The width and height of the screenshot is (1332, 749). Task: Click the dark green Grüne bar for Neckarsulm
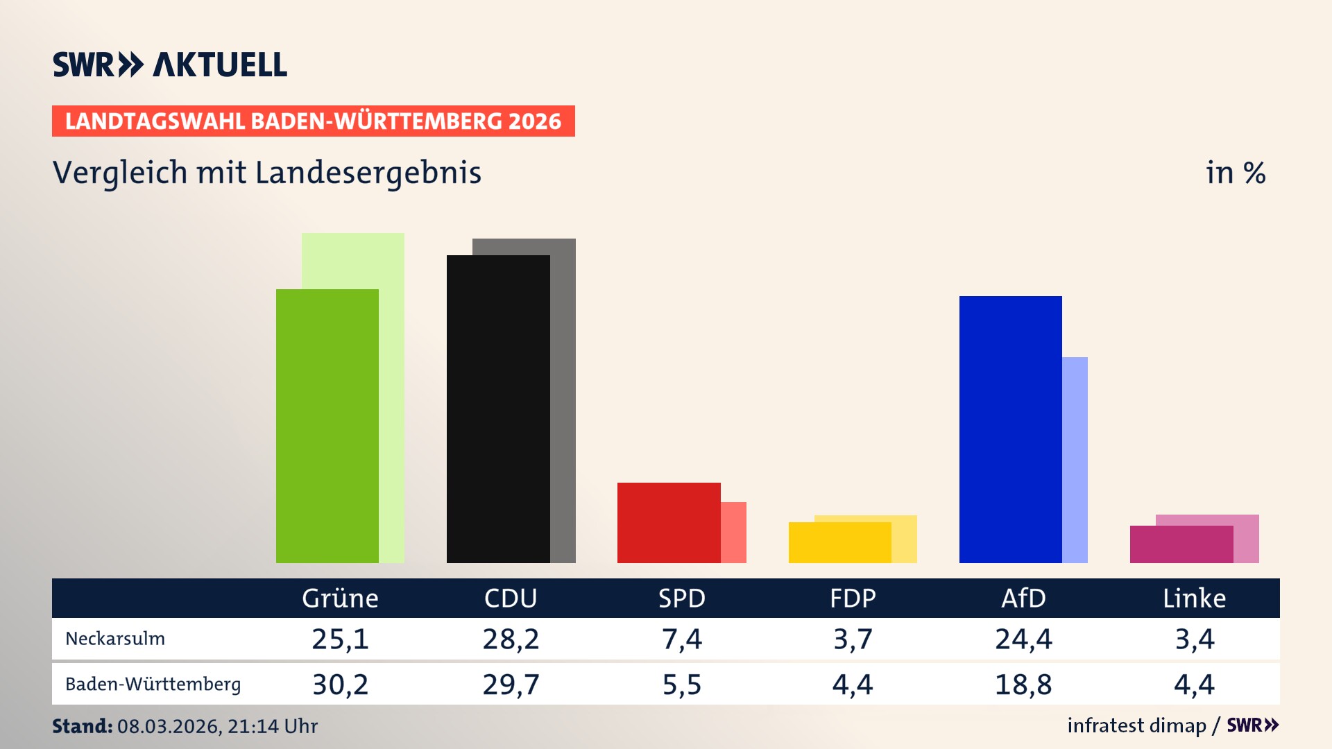click(327, 426)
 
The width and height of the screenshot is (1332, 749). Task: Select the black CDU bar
click(498, 409)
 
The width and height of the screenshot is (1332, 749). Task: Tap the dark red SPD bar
click(669, 523)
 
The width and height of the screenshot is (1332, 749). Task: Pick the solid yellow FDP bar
click(839, 542)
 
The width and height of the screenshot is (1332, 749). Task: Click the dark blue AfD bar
click(1010, 429)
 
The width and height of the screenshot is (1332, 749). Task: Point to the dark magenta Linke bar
click(1181, 544)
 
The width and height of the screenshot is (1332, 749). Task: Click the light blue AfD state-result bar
click(1075, 460)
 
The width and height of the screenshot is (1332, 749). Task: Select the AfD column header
click(1023, 598)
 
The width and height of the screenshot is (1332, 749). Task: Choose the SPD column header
click(681, 598)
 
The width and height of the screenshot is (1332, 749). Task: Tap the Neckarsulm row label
click(115, 639)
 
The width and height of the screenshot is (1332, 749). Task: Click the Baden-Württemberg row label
click(153, 685)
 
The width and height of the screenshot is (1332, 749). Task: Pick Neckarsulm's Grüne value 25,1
click(340, 639)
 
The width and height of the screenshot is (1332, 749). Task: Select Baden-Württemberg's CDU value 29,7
click(511, 685)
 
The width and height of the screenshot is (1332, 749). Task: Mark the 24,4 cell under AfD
click(1023, 639)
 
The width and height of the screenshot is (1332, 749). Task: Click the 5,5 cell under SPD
click(681, 685)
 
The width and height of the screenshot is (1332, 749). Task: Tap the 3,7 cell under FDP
click(853, 639)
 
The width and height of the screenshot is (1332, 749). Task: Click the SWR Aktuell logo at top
click(170, 64)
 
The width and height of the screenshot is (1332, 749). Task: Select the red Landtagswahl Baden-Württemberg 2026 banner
click(313, 121)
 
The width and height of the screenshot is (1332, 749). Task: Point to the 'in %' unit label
click(1235, 173)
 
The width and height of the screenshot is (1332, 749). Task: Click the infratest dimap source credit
click(1136, 725)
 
